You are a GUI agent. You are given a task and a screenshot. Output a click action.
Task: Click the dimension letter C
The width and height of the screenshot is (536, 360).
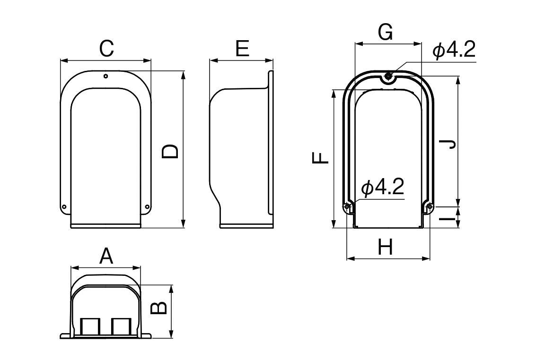pyautogui.click(x=106, y=49)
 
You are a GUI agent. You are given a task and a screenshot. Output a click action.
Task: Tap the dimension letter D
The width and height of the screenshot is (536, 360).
pyautogui.click(x=170, y=151)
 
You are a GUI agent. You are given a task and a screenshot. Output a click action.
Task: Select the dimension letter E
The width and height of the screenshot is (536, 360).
pyautogui.click(x=242, y=48)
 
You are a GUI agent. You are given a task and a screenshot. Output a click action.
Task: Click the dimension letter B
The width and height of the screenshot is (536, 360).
pyautogui.click(x=159, y=308)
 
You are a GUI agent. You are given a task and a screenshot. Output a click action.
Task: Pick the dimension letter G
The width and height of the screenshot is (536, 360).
pyautogui.click(x=385, y=33)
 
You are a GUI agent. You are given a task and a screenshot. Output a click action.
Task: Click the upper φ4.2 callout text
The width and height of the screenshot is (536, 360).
pyautogui.click(x=454, y=51)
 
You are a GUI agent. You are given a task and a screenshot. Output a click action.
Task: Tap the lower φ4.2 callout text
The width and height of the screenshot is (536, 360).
pyautogui.click(x=383, y=187)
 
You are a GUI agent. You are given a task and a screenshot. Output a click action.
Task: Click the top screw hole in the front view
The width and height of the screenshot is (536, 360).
pyautogui.click(x=106, y=76)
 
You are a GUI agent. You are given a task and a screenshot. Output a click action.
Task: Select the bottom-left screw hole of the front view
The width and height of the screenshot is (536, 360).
pyautogui.click(x=64, y=206)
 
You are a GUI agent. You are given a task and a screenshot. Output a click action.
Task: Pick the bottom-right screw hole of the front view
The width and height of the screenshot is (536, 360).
pyautogui.click(x=147, y=206)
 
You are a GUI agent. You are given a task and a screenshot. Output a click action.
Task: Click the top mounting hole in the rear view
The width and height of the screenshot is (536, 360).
pyautogui.click(x=388, y=76)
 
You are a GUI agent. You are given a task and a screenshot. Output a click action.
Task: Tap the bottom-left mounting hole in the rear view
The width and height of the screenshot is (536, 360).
pyautogui.click(x=347, y=206)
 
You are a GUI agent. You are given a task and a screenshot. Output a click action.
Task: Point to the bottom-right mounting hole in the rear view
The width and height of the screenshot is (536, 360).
pyautogui.click(x=430, y=206)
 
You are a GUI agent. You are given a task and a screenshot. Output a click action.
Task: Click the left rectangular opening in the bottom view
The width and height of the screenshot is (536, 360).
pyautogui.click(x=90, y=326)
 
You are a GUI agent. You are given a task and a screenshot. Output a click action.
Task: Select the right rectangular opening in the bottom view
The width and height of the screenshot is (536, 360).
pyautogui.click(x=121, y=326)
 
